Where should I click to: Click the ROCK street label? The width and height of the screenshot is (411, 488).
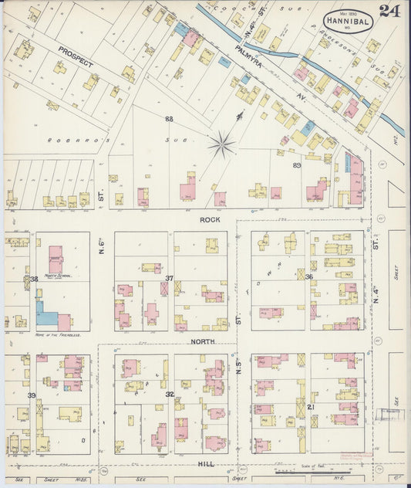[x=210, y=220]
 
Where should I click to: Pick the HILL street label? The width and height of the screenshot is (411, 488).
[x=205, y=464]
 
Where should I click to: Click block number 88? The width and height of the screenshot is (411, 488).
[x=168, y=118]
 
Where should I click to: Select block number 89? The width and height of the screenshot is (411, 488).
[x=297, y=165]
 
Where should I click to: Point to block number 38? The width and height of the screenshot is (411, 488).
[x=33, y=279]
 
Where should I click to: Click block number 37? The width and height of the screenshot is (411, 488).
[x=169, y=278]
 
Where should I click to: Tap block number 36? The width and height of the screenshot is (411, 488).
[x=308, y=277]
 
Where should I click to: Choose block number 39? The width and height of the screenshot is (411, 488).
[x=32, y=395]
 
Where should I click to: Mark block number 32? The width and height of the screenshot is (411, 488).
[x=169, y=394]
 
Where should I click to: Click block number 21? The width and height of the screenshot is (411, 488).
[x=308, y=406]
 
